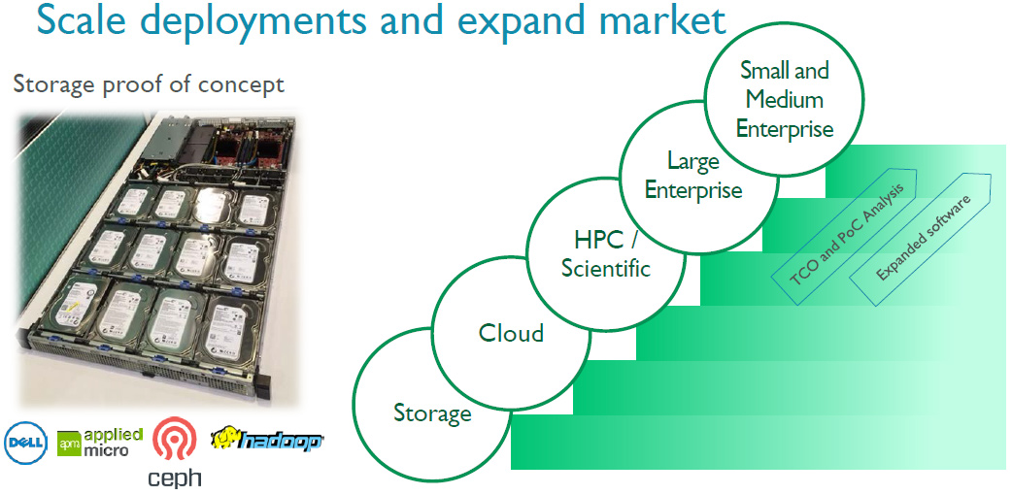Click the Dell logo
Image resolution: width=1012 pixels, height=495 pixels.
point(25,443)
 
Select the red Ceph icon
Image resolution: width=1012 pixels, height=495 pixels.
point(171,438)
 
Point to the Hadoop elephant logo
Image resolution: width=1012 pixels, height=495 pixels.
point(266,439)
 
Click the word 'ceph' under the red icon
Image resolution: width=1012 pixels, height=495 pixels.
point(175,478)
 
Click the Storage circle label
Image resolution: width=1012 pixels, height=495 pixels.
point(432,412)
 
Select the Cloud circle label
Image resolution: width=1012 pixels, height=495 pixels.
point(511,333)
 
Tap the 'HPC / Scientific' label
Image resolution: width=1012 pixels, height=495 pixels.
point(605,253)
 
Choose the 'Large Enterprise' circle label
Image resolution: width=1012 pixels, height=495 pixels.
point(693,175)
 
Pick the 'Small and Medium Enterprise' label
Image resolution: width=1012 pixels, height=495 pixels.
point(785,99)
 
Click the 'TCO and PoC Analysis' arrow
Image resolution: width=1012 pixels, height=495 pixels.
point(844,236)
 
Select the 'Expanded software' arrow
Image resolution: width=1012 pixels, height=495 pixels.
point(920,237)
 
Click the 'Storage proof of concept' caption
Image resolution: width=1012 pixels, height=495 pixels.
point(150,85)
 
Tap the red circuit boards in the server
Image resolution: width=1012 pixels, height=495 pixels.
point(248,146)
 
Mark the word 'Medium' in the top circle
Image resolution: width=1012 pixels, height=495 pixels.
point(784,99)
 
